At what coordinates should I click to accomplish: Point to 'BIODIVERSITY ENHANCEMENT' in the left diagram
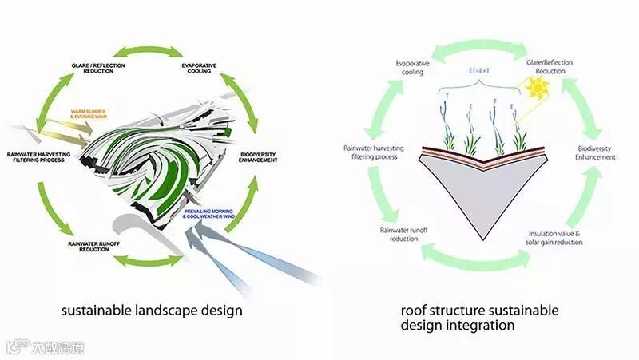(258, 157)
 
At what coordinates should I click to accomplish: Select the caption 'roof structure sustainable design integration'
(479, 318)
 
